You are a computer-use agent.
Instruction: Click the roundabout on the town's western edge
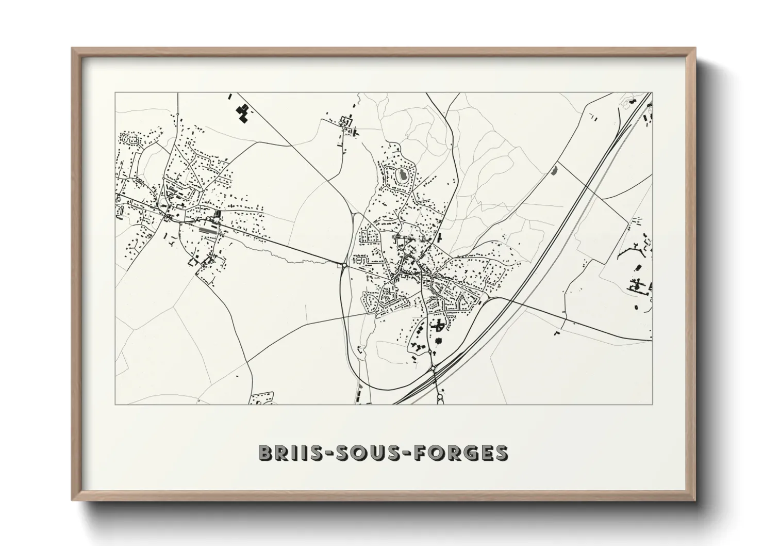343,265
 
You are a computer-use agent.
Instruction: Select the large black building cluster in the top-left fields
242,113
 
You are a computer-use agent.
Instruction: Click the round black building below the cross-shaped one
439,341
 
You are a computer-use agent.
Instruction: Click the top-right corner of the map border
652,93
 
